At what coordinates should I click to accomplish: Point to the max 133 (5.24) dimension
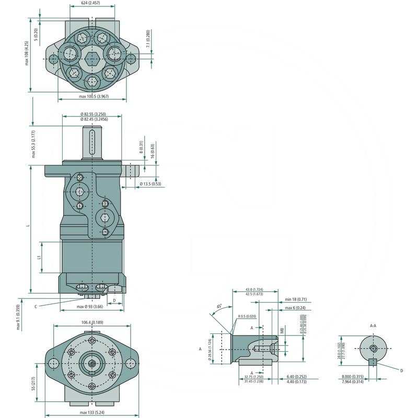pos(92,413)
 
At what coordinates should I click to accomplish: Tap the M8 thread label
pos(282,330)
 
